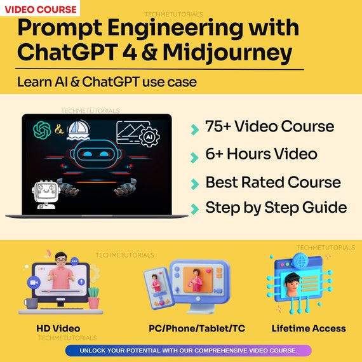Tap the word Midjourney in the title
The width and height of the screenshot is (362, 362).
point(227,52)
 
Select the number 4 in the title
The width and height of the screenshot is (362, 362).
point(130,51)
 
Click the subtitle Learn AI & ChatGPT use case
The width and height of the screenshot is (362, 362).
point(107,82)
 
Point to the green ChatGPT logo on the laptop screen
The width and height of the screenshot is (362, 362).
point(42,130)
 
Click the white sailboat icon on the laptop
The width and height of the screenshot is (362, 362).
point(78,130)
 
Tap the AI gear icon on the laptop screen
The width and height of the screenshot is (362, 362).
point(149,137)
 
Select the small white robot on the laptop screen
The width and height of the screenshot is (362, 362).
point(46,194)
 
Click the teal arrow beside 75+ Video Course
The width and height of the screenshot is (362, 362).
point(194,130)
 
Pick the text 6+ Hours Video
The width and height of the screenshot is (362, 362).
point(262,154)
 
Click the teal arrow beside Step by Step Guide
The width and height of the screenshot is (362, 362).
point(194,209)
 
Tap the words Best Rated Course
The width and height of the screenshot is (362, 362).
point(273,182)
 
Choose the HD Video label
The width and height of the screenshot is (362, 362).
point(58,328)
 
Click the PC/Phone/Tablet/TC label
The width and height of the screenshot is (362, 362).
point(197,328)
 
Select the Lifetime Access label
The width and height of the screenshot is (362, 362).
point(309,328)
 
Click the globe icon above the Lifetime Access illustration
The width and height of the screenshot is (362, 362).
point(301,261)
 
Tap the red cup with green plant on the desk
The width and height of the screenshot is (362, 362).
point(94,298)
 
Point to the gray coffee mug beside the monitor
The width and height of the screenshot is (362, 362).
point(31,303)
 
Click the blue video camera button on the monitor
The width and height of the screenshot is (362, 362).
point(34,283)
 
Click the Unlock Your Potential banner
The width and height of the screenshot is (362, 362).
point(189,351)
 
